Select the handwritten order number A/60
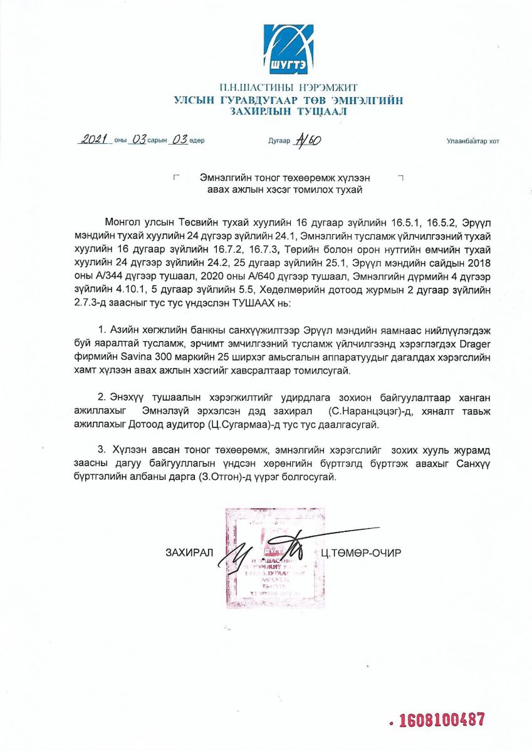click(x=308, y=140)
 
